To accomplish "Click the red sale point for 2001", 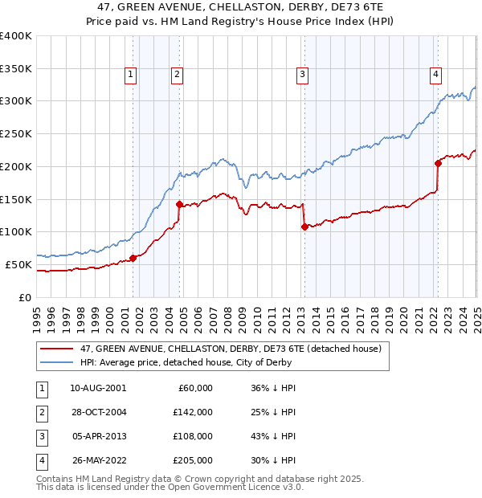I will (133, 258).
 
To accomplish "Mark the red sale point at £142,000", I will (179, 204).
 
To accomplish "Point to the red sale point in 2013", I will (304, 227).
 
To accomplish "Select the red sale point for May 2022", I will (438, 163).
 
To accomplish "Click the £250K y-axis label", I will (16, 133).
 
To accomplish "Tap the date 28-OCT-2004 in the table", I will (98, 412).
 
